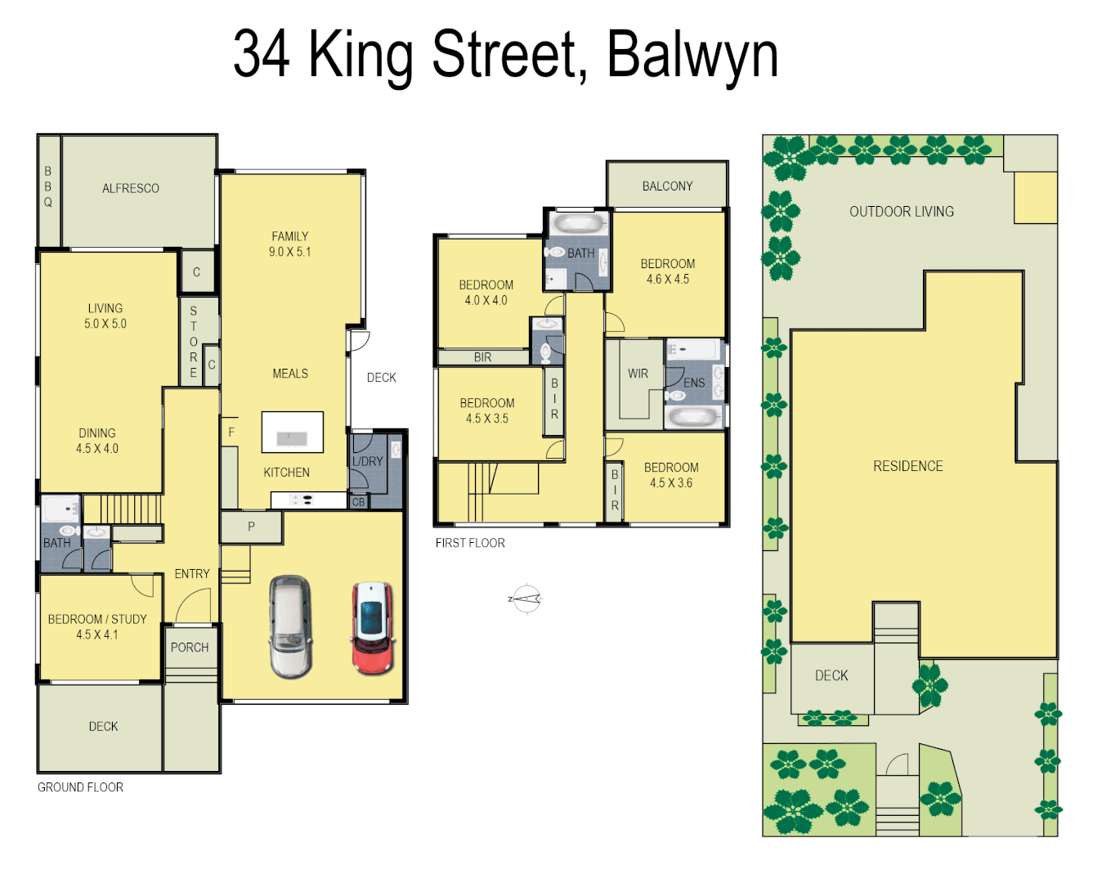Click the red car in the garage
coord(373,628)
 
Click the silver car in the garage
coord(290,627)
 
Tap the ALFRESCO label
coord(131,188)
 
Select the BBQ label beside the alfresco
coord(48,186)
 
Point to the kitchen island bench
coord(292,433)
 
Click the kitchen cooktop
coord(302,500)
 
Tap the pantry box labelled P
coord(251,527)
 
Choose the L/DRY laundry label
coord(368,461)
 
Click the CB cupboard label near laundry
coord(358,502)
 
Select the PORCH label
coord(190,648)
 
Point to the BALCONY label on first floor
coord(667,186)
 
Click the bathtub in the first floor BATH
coord(577,224)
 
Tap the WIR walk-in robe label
coord(638,374)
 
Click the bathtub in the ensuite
coord(692,417)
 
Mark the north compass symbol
coord(526,599)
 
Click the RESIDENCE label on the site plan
coord(907,466)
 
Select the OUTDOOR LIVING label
coord(901,212)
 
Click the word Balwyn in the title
coord(692,54)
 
